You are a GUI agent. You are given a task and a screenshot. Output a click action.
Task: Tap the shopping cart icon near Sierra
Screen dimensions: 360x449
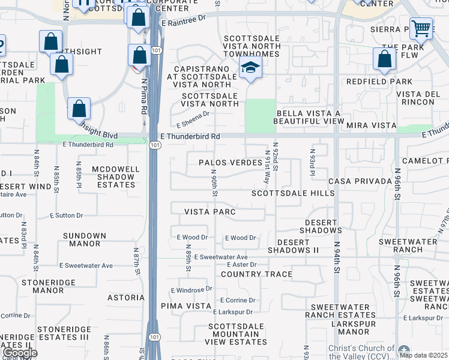pos(421,28)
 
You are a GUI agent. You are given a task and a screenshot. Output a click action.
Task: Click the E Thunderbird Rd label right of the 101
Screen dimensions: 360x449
pos(190,137)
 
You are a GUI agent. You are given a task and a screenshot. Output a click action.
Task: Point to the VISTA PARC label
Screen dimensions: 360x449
pos(209,212)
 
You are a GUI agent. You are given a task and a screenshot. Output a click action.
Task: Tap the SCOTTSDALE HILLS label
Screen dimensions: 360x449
pos(293,193)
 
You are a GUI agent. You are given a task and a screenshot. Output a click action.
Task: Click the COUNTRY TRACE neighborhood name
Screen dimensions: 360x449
pos(256,274)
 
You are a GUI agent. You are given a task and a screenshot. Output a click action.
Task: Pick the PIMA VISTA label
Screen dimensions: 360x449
pos(185,306)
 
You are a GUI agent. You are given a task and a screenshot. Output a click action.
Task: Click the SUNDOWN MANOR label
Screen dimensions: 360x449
pos(82,240)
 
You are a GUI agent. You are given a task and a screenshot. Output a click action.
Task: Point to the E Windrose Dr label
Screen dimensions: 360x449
pos(191,289)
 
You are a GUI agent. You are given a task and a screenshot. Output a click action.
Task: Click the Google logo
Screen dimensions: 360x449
pos(20,353)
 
